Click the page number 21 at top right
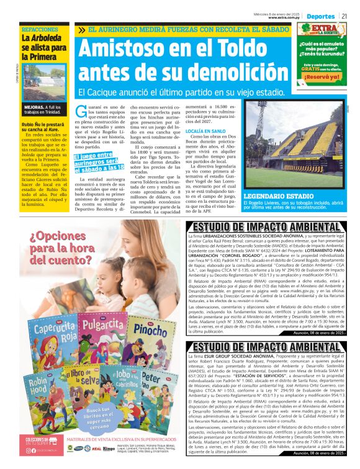[x=353, y=16]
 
